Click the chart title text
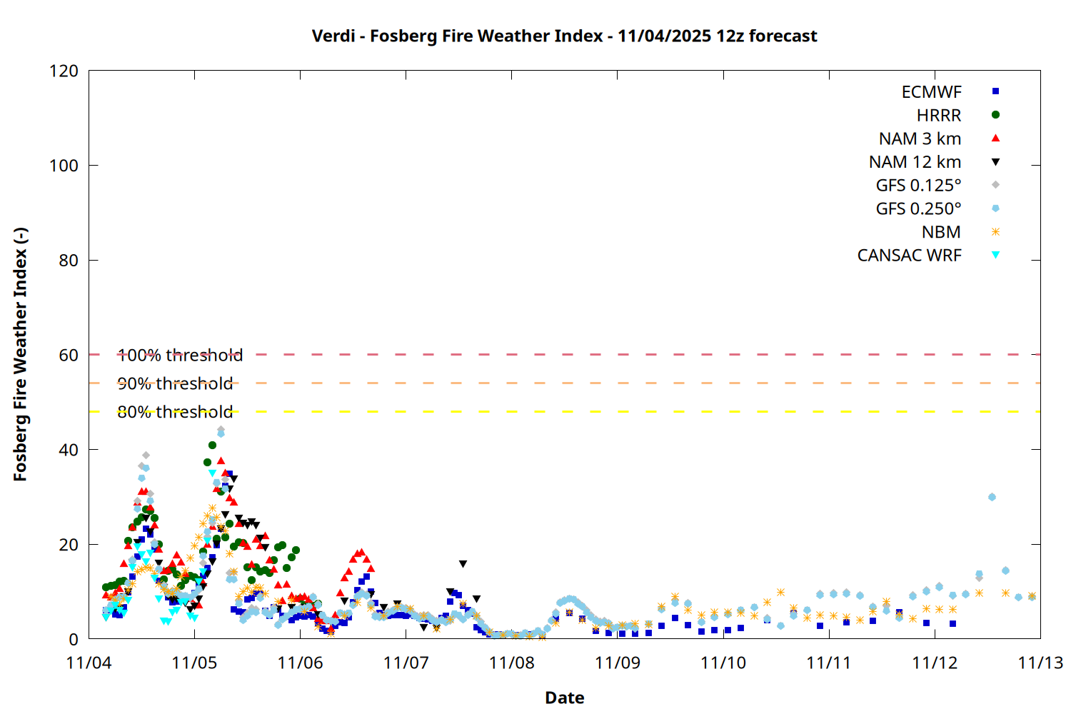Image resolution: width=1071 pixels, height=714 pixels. coord(564,36)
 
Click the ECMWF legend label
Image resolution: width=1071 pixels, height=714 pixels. coord(931,92)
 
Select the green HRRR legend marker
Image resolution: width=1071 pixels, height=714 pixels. coord(995,115)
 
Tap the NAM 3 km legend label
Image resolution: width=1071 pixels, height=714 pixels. coord(920,139)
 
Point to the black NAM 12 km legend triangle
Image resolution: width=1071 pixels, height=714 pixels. coord(995,162)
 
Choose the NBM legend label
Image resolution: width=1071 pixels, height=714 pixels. coord(941,232)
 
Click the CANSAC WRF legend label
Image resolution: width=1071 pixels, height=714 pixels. coord(909,256)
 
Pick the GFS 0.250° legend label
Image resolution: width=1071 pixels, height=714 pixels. coord(918,208)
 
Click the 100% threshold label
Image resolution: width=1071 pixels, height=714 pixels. coord(180,355)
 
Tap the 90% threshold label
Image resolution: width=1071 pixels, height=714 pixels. coord(175,383)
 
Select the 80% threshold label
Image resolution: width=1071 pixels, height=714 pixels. coord(175,412)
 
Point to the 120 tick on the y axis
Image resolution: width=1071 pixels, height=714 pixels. coord(64,71)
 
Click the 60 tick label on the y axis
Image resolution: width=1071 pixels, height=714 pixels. coord(69,355)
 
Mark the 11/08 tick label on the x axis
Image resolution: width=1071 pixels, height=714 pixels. coord(511,663)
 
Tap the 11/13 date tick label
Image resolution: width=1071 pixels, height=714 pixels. coord(1040,663)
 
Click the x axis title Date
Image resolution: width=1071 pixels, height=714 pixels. coord(564,698)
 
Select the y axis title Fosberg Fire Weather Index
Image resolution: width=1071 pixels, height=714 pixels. coord(20,355)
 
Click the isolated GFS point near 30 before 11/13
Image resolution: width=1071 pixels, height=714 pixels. coord(992,497)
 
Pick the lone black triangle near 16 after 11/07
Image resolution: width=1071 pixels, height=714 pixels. coord(463,564)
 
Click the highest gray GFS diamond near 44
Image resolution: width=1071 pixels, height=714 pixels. coord(221,430)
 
